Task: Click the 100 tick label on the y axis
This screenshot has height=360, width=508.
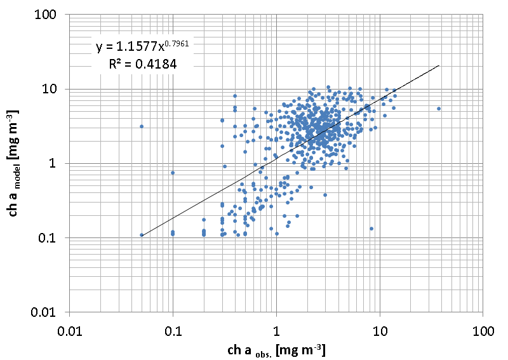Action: (x=51, y=15)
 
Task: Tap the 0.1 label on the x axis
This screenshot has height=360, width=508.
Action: (x=173, y=331)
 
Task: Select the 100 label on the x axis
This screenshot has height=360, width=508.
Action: (x=483, y=331)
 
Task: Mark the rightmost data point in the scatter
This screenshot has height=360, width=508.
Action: (x=439, y=109)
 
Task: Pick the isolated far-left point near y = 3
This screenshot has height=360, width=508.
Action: (x=142, y=126)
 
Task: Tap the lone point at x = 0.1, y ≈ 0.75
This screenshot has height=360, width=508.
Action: (x=173, y=173)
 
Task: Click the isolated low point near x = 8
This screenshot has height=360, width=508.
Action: (x=371, y=229)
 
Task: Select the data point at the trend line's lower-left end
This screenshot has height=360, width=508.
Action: (x=142, y=235)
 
